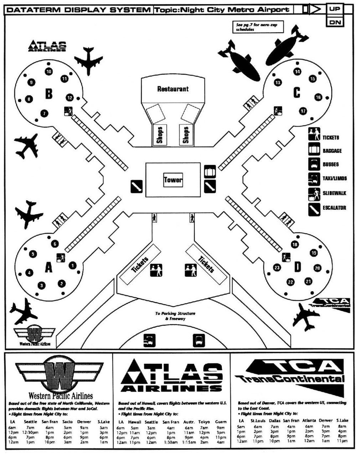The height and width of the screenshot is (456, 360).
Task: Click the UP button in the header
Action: pos(335,9)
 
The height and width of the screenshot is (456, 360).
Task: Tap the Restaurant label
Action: pos(173,89)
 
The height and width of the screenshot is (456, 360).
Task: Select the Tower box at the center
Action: pos(173,180)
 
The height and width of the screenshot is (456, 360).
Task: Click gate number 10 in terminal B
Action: pos(49,72)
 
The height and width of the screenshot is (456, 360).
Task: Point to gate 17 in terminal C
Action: pos(303,111)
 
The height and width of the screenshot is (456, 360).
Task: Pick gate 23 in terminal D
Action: pos(277,268)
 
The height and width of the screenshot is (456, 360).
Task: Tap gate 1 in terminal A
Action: pos(72,265)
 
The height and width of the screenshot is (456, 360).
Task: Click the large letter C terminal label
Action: pos(297,93)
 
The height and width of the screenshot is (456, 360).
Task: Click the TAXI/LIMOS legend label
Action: pos(335,178)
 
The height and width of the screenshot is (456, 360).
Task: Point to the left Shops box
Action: pos(159,135)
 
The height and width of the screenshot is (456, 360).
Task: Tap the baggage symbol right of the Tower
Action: pos(210,172)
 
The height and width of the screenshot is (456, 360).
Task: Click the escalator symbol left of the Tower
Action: pos(136,186)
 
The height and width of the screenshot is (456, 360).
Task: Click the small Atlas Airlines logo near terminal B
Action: pos(47,46)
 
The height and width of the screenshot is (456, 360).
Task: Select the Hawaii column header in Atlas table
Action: pos(135,422)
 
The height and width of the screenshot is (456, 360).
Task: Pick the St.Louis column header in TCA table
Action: pos(258,420)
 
